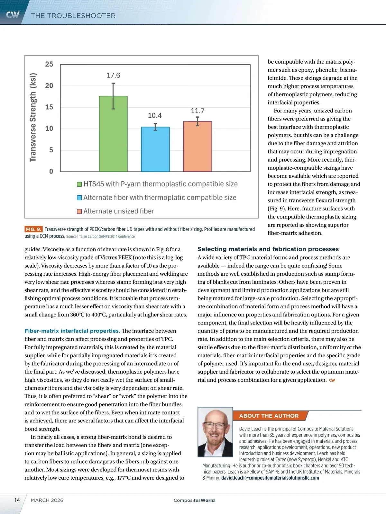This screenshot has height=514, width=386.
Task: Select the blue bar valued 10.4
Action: pos(155,149)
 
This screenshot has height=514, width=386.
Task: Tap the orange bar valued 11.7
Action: pos(197,146)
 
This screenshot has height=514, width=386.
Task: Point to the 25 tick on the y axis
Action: pos(49,64)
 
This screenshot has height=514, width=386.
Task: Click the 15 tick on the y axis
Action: pos(49,107)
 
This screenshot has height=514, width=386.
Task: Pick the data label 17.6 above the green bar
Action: pos(113,75)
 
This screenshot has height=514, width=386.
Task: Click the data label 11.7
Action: pos(198,111)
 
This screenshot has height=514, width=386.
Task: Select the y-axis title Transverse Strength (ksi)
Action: pos(33,118)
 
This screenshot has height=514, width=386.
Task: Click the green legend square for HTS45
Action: pos(79,184)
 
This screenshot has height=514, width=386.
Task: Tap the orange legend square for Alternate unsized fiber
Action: pos(79,211)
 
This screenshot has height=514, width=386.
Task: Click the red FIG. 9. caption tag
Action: pos(33,229)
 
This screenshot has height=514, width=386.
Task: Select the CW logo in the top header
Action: pos(13,15)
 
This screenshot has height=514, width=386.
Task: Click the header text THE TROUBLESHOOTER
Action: pos(73,16)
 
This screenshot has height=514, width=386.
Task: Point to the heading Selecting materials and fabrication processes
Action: pos(268,249)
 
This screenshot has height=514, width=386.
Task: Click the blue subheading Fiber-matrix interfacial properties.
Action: pos(72,331)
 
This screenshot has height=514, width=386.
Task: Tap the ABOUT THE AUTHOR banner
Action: pos(269,416)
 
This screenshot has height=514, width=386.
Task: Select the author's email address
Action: pos(270,478)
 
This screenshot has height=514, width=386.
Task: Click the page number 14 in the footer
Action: pos(17,500)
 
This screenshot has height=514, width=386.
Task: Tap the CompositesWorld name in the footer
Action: pos(194,500)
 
